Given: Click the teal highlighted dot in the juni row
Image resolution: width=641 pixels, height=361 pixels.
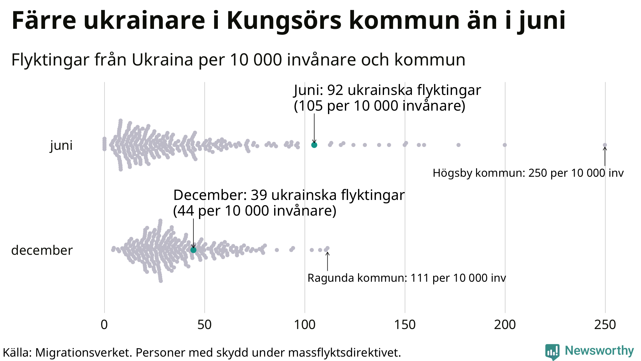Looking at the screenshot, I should click(314, 145).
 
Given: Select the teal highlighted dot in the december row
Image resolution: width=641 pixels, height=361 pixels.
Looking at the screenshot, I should click(193, 250).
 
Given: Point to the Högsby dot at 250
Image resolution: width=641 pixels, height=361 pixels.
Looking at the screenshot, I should click(605, 145).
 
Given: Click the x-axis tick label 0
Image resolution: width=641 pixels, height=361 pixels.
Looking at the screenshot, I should click(104, 325).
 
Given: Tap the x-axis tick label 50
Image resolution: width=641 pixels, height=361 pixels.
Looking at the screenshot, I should click(204, 325).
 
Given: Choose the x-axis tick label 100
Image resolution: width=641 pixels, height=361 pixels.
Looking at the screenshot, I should click(305, 325).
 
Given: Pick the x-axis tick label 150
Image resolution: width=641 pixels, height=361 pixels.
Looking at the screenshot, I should click(405, 325).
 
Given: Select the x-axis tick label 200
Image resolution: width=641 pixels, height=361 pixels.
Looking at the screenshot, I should click(505, 325).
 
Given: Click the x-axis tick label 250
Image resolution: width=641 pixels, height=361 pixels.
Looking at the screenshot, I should click(605, 325).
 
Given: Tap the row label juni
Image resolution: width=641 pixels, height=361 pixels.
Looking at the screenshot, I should click(61, 145).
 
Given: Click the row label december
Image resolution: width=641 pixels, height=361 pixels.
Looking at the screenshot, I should click(42, 250).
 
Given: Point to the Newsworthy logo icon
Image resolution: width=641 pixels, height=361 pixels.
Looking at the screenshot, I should click(552, 352).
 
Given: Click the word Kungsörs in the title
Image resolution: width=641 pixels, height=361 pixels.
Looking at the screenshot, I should click(284, 21).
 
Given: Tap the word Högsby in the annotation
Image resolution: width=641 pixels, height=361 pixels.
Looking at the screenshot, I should click(452, 173).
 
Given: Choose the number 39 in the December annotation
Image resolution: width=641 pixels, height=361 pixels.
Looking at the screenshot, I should click(259, 195).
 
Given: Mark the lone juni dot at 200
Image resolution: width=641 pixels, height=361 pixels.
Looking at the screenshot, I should click(505, 145).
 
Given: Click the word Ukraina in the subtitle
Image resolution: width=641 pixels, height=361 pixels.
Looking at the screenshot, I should click(162, 60).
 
